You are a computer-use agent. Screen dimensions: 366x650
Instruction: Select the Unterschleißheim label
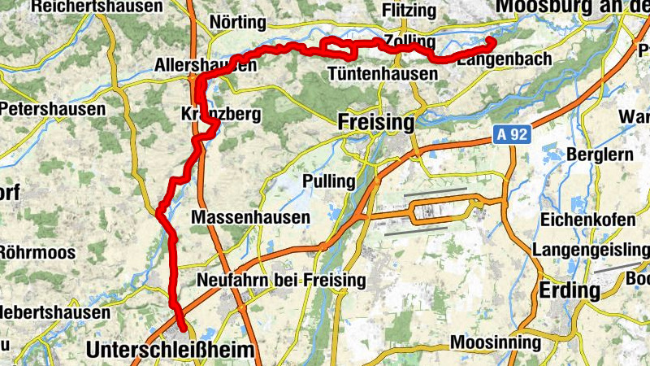170,350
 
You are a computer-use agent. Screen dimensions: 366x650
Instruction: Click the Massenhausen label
250,217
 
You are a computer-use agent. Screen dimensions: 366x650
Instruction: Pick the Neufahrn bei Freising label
281,281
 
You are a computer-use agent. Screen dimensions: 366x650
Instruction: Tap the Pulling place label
329,180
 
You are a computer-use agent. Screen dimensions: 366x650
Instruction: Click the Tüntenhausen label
382,74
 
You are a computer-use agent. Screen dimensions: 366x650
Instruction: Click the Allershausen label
206,64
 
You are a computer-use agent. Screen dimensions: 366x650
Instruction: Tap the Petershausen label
52,108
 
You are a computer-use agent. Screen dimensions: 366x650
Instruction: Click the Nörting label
237,22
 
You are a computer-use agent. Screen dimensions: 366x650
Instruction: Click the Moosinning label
495,342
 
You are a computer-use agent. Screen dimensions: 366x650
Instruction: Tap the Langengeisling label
591,250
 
